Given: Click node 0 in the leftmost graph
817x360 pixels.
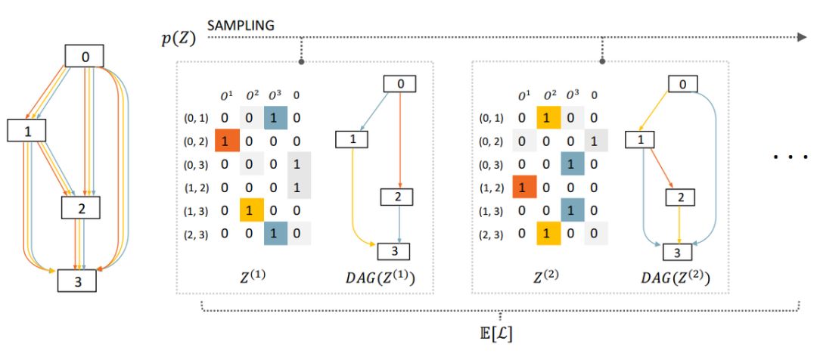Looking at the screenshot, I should pos(84,55).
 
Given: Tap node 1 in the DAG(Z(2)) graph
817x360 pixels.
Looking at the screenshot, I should pos(640,140).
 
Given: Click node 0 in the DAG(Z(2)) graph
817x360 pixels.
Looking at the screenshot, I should pos(682,85).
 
